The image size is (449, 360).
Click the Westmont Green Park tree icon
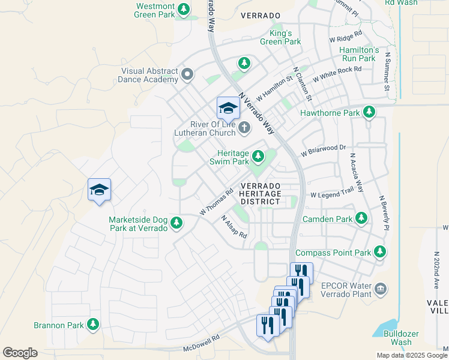point(184,10)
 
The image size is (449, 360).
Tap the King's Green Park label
point(280,37)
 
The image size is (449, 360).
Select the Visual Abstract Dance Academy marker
point(187,74)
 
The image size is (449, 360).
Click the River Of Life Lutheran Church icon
point(244,127)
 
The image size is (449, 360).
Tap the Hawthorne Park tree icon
point(369,112)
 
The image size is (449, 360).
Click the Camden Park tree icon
point(361,218)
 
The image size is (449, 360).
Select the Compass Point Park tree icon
point(380,252)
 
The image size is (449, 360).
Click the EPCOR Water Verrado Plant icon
point(380,290)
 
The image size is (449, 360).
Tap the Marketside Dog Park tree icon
point(176,223)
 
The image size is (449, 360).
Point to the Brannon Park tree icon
point(92,325)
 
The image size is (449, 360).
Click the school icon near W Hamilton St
point(228,108)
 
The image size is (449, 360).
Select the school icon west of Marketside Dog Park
point(99,190)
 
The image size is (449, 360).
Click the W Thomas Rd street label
point(216,203)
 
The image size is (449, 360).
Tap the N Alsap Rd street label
point(234,227)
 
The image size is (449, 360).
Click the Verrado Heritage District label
point(260,194)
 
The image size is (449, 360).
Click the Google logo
point(20,352)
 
